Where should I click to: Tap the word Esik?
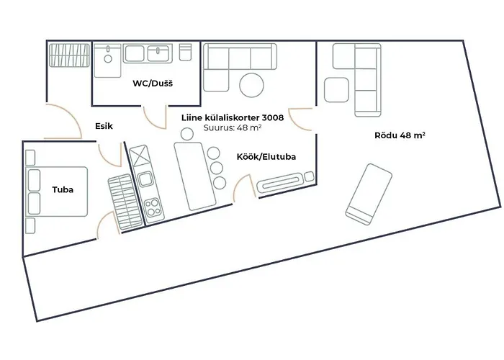pos(104,125)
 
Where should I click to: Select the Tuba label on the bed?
pos(62,190)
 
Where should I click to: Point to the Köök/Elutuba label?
pos(266,156)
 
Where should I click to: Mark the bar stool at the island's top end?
pos(187,133)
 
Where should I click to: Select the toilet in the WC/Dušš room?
pos(185,53)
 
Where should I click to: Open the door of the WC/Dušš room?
pos(153,118)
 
